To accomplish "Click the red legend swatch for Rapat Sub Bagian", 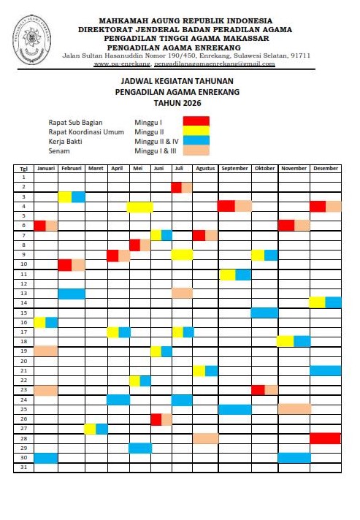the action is click(196, 121).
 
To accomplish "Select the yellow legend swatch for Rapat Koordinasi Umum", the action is click(196, 131).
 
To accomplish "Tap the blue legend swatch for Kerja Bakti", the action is click(196, 140).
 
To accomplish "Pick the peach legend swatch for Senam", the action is click(196, 150).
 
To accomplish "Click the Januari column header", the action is click(46, 168).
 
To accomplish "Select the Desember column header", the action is click(325, 168).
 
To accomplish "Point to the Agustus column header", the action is click(205, 168).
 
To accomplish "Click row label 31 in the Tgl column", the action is click(23, 467).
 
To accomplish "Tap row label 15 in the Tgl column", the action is click(23, 313).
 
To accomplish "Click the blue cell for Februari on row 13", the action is click(72, 294).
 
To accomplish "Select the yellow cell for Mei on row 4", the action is click(139, 207).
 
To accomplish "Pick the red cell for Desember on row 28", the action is click(325, 438).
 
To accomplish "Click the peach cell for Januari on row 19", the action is click(46, 351).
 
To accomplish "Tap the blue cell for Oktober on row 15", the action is click(264, 313).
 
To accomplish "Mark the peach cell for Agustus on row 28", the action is click(205, 438).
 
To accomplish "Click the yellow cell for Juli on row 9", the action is click(182, 255).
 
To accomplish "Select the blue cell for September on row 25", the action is click(234, 409).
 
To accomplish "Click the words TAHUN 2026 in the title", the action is click(177, 104).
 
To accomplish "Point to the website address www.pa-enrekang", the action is click(120, 64).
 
